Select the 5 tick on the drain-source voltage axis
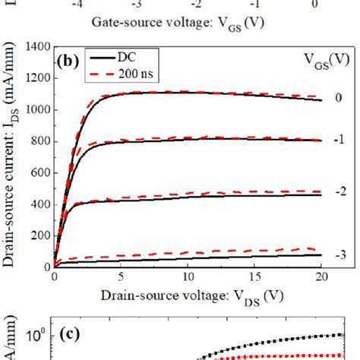(x=119, y=279)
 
